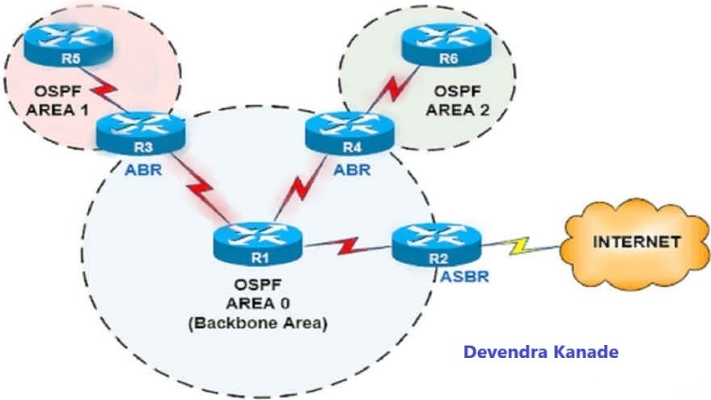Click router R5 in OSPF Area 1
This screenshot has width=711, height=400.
click(x=68, y=45)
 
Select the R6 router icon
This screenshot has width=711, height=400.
click(x=446, y=45)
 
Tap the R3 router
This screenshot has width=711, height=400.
click(x=141, y=133)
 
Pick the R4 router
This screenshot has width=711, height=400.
click(x=349, y=133)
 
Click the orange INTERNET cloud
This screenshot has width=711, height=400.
click(x=635, y=244)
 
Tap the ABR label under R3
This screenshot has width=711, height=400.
click(x=143, y=170)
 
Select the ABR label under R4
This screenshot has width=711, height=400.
click(x=353, y=170)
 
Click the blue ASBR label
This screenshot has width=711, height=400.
click(x=465, y=276)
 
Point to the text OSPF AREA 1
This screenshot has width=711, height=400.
click(x=57, y=100)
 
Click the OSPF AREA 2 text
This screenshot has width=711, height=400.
click(x=458, y=100)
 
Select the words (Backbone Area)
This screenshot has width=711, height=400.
click(x=257, y=323)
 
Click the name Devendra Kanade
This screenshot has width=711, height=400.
click(x=541, y=352)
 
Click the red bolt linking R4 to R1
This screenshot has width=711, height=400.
click(x=301, y=187)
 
